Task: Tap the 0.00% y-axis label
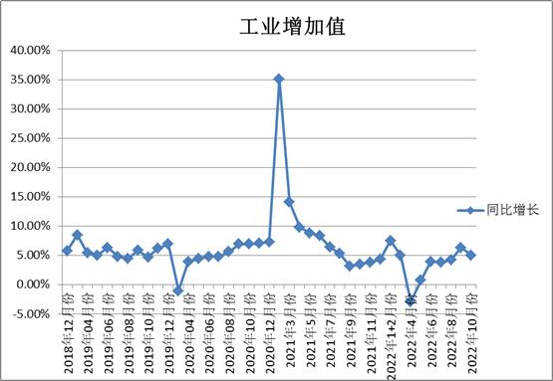(x=33, y=285)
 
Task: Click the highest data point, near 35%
(x=279, y=79)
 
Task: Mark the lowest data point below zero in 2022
(x=411, y=300)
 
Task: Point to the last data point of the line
(x=471, y=255)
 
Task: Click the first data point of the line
(x=67, y=251)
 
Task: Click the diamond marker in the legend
(x=469, y=211)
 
